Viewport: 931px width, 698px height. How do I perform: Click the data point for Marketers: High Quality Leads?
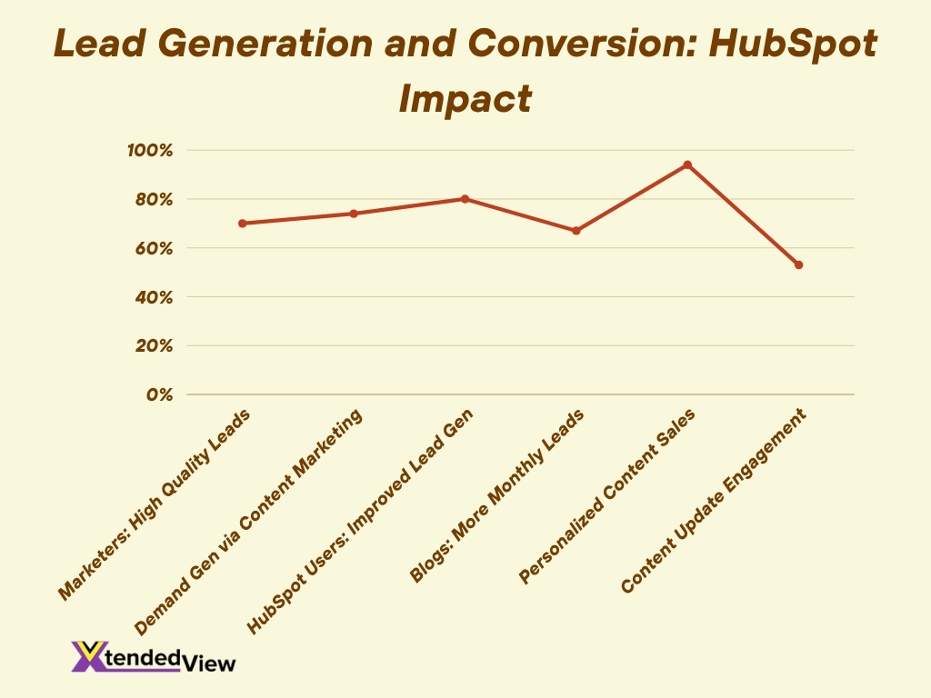point(243,223)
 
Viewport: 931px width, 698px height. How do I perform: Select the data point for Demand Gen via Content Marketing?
point(354,214)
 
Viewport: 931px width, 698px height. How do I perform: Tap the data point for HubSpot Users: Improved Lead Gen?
point(465,198)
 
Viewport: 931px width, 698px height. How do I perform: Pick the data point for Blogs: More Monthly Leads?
point(576,231)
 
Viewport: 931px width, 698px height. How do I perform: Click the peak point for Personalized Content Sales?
point(687,165)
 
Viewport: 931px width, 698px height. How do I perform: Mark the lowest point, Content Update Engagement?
point(798,264)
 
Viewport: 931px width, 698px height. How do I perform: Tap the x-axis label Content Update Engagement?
point(714,502)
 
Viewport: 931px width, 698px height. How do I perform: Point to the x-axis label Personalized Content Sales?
point(606,497)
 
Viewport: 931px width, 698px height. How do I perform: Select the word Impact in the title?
point(465,98)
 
